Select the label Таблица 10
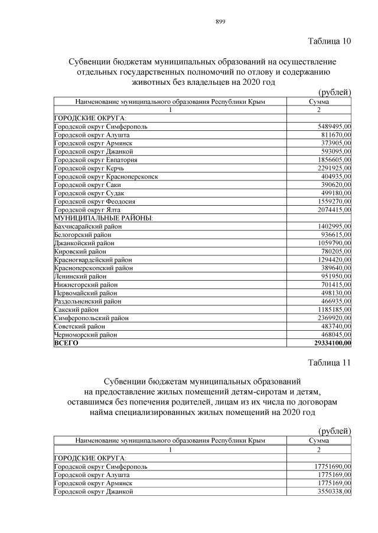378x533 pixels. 330,41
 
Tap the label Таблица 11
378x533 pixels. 330,362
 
